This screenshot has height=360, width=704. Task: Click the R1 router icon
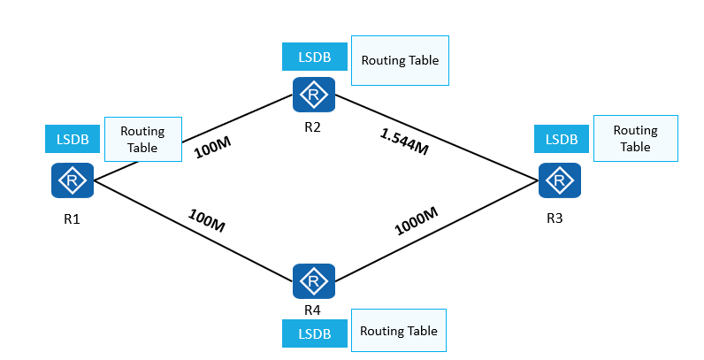[x=73, y=181]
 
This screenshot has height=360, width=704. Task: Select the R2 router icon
[x=314, y=95]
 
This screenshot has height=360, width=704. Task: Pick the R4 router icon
[x=314, y=281]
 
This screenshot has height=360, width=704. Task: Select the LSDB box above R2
[x=314, y=57]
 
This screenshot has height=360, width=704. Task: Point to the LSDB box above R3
[x=562, y=139]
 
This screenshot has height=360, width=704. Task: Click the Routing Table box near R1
[x=142, y=139]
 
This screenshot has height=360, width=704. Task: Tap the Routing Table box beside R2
[x=400, y=61]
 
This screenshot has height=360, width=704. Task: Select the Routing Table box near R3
[x=635, y=138]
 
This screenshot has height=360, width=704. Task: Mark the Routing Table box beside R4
[x=399, y=332]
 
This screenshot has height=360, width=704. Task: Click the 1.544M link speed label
[x=404, y=142]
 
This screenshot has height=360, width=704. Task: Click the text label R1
[x=73, y=218]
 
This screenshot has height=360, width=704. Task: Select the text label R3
[x=555, y=218]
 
